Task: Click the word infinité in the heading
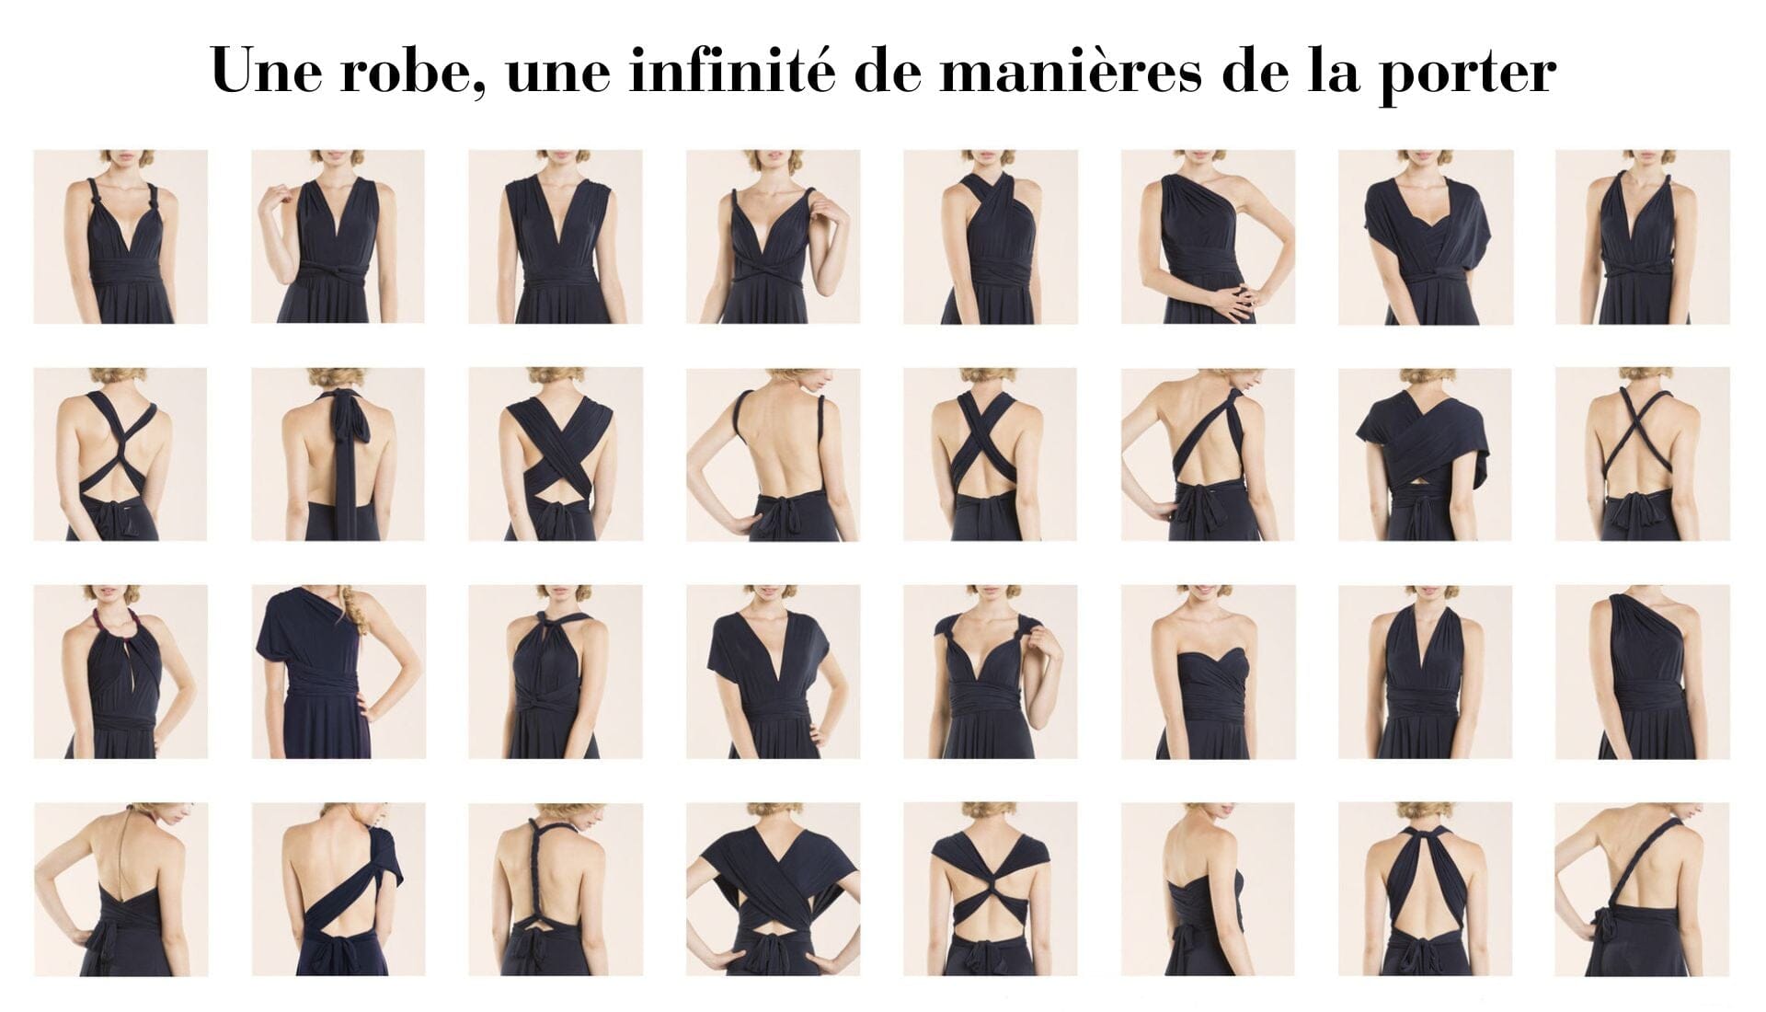tap(731, 71)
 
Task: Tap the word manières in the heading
tap(1070, 72)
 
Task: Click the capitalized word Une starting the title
tap(266, 71)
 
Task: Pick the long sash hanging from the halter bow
tap(343, 460)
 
